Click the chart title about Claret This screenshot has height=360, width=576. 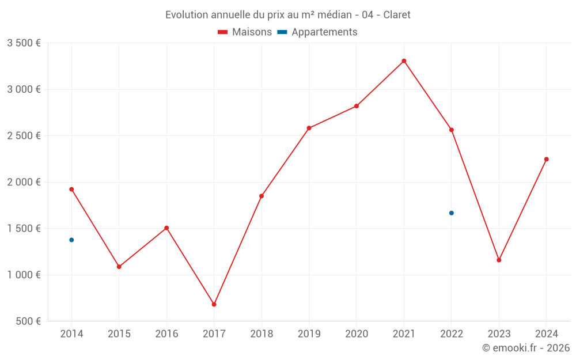click(x=287, y=15)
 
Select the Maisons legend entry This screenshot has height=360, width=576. click(x=245, y=32)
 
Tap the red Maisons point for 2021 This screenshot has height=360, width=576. click(x=404, y=61)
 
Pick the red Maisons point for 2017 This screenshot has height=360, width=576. click(x=214, y=304)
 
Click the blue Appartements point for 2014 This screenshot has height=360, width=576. click(x=71, y=240)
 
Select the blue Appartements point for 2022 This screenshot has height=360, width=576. click(x=452, y=213)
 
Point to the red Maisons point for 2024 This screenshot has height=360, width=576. click(x=547, y=160)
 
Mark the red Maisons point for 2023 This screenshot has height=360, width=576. click(x=499, y=260)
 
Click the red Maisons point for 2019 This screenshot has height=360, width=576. click(x=309, y=128)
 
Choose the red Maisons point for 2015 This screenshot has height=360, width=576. click(x=119, y=267)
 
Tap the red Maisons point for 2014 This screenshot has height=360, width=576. click(x=71, y=190)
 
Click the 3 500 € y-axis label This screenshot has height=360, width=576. click(x=24, y=43)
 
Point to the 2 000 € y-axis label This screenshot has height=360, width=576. click(x=24, y=182)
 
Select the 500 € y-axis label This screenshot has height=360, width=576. click(x=28, y=321)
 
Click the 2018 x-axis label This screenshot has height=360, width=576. click(x=262, y=334)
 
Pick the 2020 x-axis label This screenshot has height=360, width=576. click(x=357, y=334)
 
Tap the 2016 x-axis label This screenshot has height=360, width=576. click(x=166, y=334)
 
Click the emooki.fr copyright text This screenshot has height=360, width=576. click(x=525, y=348)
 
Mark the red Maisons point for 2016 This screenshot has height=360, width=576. click(x=166, y=228)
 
